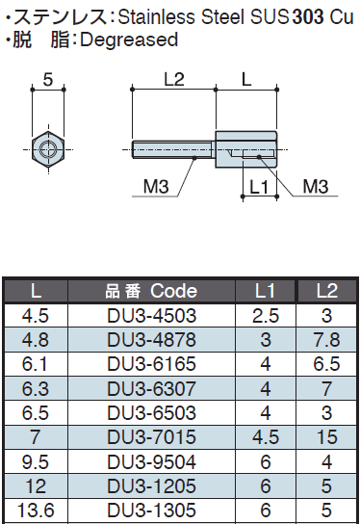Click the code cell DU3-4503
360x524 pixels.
[152, 316]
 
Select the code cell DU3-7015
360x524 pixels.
[152, 437]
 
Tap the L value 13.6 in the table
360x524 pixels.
[36, 511]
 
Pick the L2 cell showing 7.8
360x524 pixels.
[326, 340]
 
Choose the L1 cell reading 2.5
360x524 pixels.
[266, 316]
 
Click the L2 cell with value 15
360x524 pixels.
[326, 437]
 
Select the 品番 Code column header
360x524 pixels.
[151, 291]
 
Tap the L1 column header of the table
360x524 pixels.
[265, 291]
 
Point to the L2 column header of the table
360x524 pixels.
[326, 291]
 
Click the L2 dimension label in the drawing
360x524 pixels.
[174, 80]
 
